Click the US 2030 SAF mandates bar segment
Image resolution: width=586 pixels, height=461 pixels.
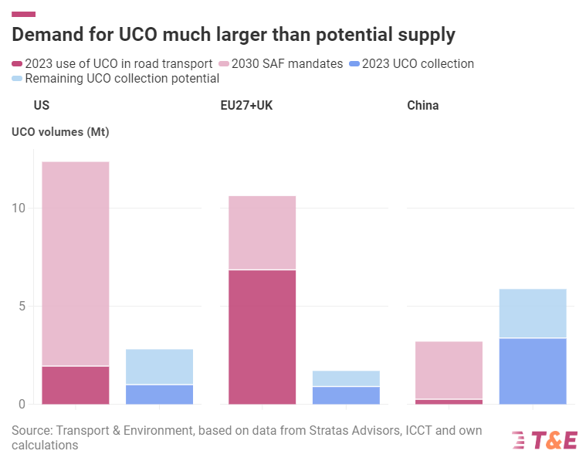pyautogui.click(x=75, y=263)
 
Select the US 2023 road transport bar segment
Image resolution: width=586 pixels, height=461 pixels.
pyautogui.click(x=75, y=385)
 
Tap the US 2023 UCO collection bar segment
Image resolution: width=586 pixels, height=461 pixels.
pyautogui.click(x=159, y=394)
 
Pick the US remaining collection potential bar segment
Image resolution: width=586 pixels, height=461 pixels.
pyautogui.click(x=159, y=366)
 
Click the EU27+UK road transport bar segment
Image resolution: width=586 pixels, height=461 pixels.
pyautogui.click(x=262, y=337)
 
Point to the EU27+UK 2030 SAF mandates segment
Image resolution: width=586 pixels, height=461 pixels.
pyautogui.click(x=262, y=232)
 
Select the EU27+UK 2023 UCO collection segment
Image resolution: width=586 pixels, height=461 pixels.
pyautogui.click(x=346, y=395)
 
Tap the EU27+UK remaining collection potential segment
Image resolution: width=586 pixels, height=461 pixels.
pyautogui.click(x=346, y=378)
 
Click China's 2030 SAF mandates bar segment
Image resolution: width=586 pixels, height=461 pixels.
pyautogui.click(x=449, y=370)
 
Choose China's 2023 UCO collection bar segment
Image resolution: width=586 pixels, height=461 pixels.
pyautogui.click(x=533, y=371)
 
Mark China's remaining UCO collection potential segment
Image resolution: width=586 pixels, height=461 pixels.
pyautogui.click(x=533, y=313)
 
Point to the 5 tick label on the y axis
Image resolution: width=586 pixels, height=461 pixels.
pyautogui.click(x=22, y=307)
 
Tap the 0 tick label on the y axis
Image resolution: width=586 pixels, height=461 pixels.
pyautogui.click(x=22, y=404)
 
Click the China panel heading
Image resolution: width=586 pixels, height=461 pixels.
pyautogui.click(x=422, y=105)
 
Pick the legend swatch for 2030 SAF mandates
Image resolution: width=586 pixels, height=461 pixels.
pyautogui.click(x=225, y=64)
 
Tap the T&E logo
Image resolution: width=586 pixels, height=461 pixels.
pyautogui.click(x=544, y=440)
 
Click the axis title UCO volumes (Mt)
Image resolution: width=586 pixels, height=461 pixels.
pyautogui.click(x=60, y=132)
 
